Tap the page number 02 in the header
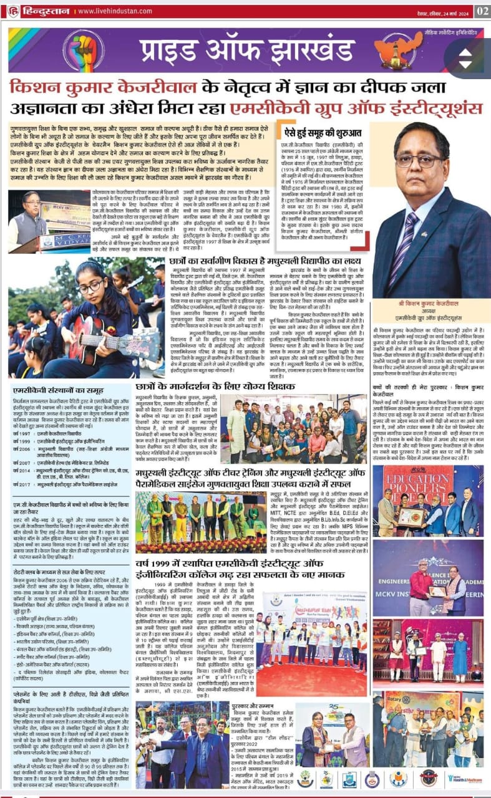pyautogui.click(x=482, y=11)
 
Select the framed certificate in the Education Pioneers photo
pyautogui.click(x=410, y=517)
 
